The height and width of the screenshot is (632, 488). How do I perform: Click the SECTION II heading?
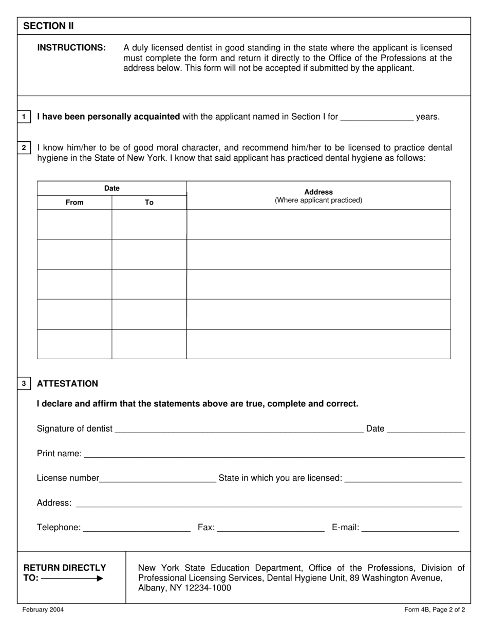tap(48, 26)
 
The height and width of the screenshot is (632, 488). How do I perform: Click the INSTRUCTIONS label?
tap(72, 48)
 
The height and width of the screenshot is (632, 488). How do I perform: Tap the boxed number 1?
tap(24, 117)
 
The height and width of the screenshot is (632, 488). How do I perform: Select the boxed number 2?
tap(24, 148)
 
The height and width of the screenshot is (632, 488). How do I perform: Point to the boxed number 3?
tap(24, 384)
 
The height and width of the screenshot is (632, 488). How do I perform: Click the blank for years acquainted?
tap(377, 117)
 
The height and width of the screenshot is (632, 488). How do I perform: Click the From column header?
tap(74, 202)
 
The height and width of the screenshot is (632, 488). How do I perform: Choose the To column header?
tap(149, 202)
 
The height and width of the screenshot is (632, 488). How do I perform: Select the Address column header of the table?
tap(318, 192)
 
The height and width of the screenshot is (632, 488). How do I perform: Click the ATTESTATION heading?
tap(67, 384)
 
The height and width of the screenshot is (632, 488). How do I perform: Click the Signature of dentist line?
tap(239, 430)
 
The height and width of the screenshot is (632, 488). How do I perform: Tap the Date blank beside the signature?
tap(425, 430)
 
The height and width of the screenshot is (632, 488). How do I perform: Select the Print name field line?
tap(274, 454)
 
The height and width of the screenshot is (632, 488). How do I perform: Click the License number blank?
tap(158, 479)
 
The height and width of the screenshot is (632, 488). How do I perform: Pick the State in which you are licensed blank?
tap(403, 479)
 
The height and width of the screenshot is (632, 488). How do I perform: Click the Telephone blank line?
tap(136, 528)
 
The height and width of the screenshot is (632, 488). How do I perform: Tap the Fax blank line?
tap(271, 528)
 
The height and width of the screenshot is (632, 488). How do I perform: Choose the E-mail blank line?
tap(410, 528)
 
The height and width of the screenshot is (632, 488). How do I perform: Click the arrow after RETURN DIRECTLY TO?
tap(72, 579)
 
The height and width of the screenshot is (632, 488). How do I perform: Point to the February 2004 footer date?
tap(43, 610)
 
